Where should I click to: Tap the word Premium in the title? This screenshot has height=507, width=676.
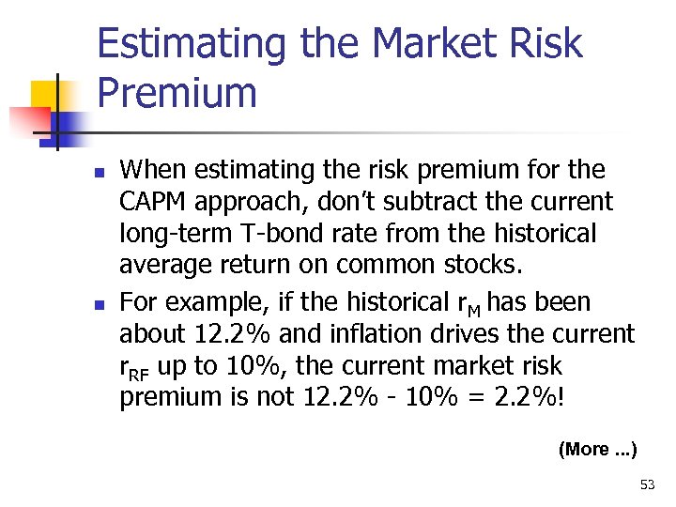tap(177, 94)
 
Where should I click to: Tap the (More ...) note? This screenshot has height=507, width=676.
tap(597, 449)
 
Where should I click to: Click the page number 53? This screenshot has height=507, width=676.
tap(647, 484)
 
